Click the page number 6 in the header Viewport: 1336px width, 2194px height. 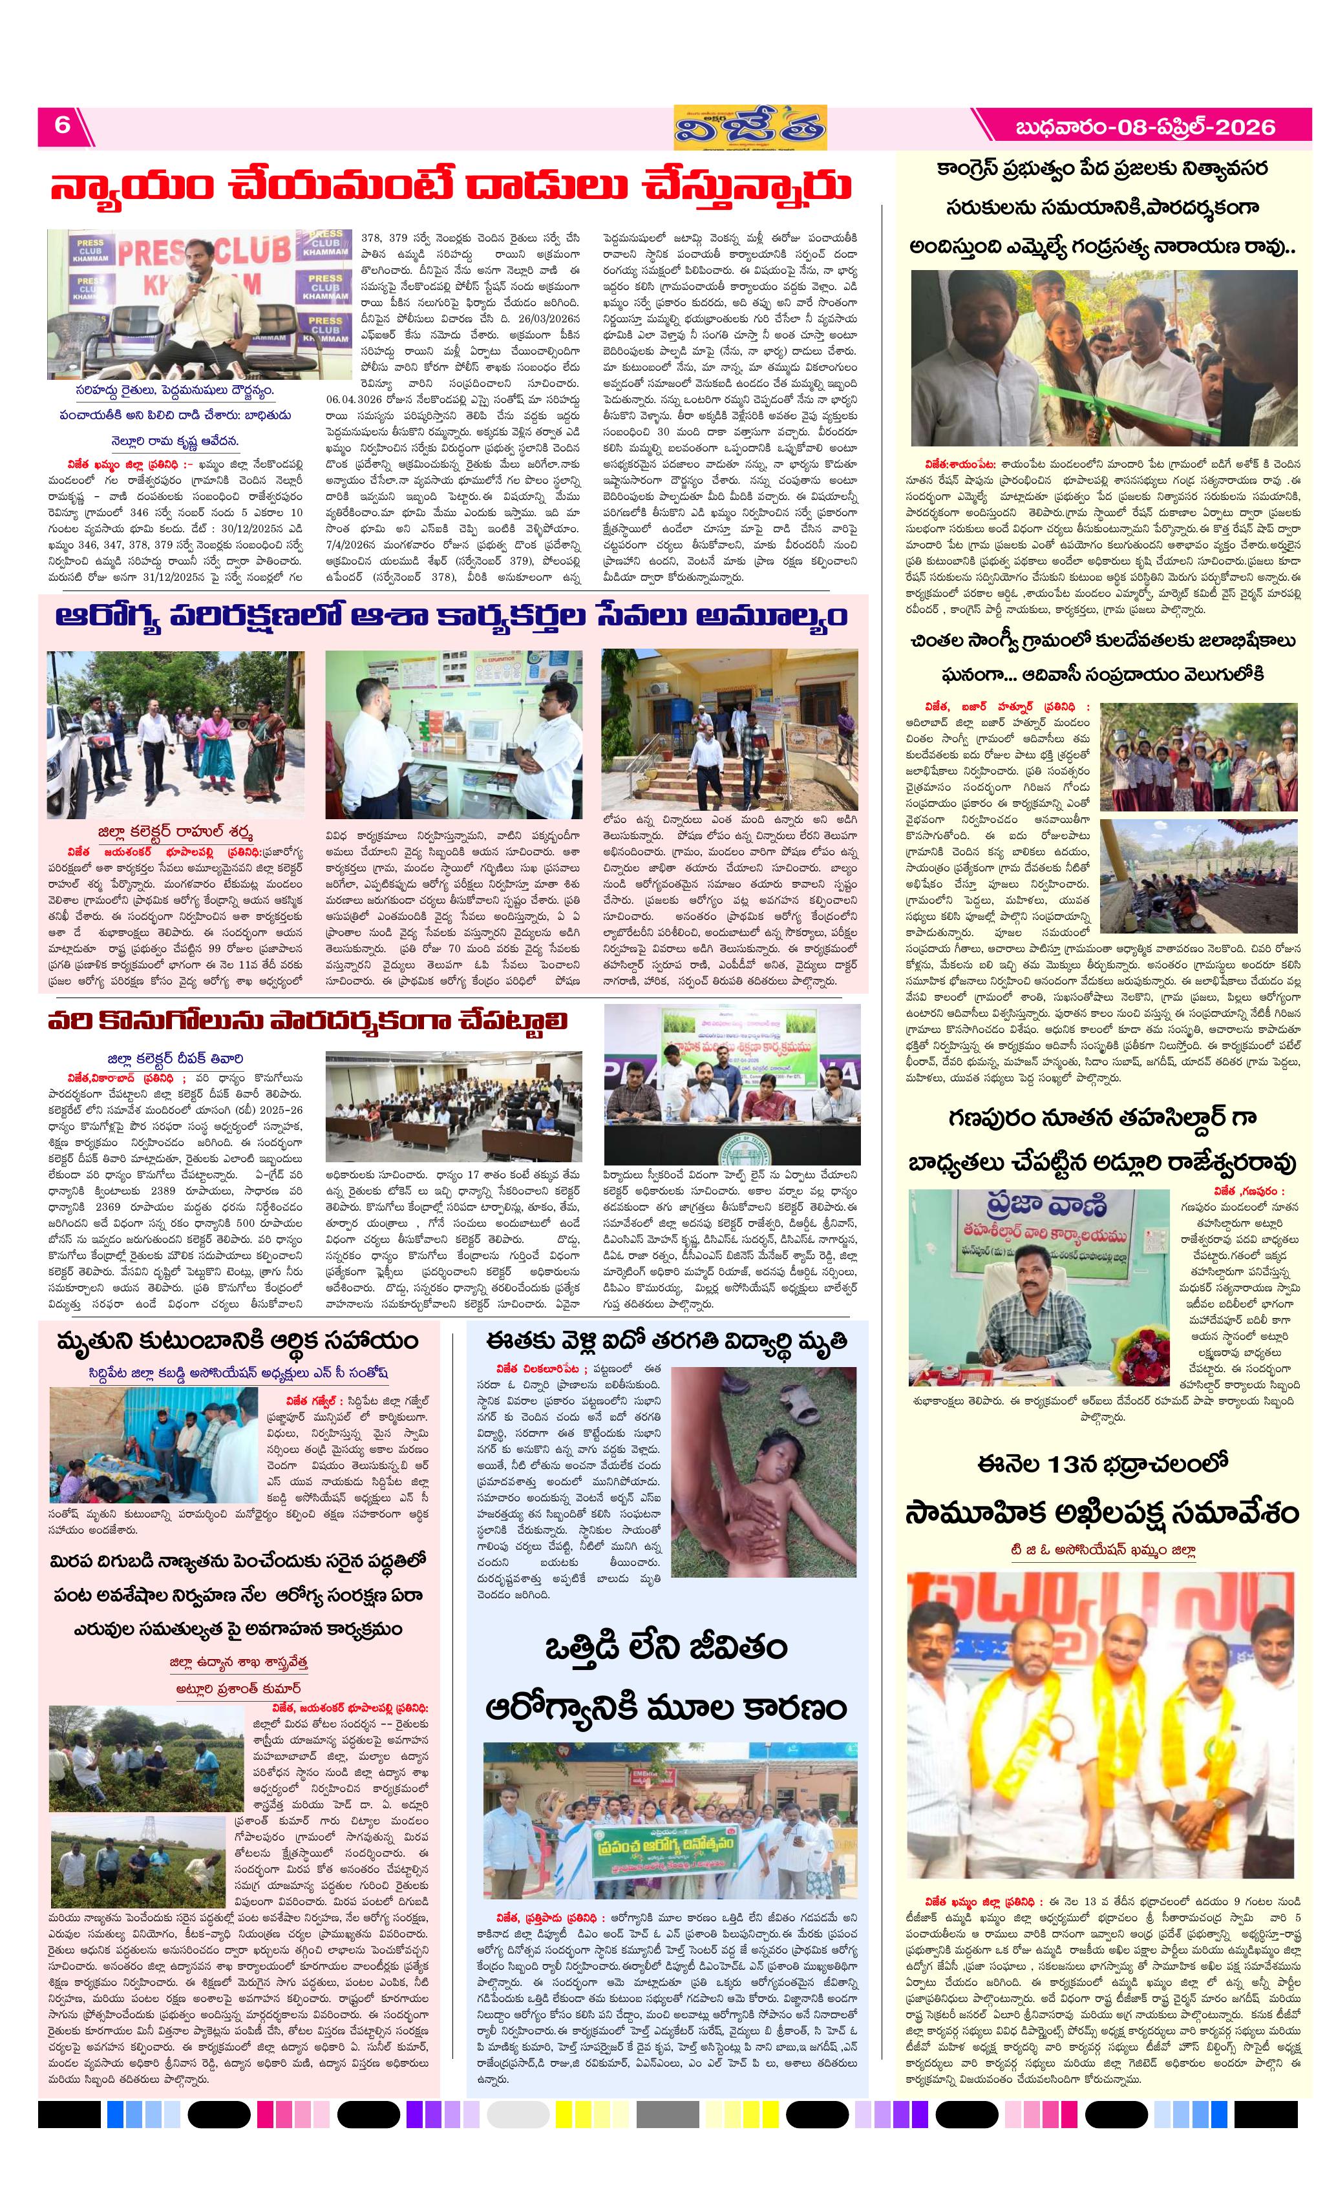(61, 125)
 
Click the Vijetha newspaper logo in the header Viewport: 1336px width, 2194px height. (749, 127)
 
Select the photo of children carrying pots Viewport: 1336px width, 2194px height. (1198, 756)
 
